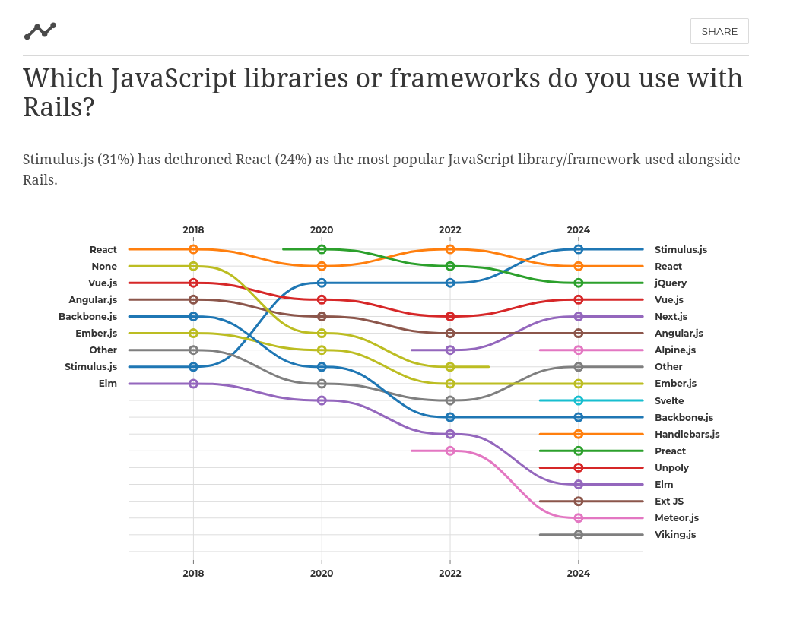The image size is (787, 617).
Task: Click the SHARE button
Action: (719, 31)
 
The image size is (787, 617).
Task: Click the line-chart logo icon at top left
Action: (40, 31)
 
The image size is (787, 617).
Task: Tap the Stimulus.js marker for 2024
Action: (579, 249)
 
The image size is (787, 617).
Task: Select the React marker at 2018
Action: (193, 249)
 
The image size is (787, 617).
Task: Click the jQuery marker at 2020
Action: (322, 249)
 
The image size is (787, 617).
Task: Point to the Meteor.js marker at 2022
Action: (450, 451)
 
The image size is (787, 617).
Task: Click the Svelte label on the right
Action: (669, 400)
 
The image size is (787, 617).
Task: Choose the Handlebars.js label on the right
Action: (687, 434)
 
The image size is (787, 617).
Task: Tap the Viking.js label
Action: (675, 534)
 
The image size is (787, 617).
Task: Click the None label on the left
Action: (104, 266)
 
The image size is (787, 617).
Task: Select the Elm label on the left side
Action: (108, 384)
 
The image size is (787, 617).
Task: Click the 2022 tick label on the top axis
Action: (450, 230)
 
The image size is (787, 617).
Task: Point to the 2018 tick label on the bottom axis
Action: (193, 573)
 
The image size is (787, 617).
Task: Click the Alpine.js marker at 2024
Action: (579, 350)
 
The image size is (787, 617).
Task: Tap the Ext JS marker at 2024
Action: (579, 502)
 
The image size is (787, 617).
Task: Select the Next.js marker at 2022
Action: (450, 350)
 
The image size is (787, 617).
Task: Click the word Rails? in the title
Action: (59, 107)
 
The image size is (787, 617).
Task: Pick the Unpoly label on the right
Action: (671, 467)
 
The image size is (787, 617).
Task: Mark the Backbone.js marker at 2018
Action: (193, 316)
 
